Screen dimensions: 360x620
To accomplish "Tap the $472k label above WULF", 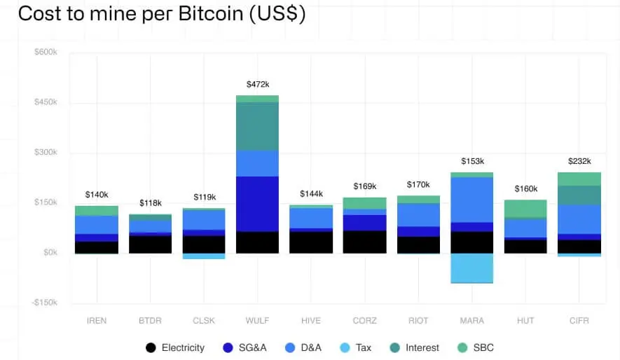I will tap(257, 84).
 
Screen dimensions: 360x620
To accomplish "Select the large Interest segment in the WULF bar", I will tap(257, 127).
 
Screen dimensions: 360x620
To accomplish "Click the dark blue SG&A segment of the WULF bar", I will tap(257, 204).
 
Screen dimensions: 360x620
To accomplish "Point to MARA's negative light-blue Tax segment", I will tap(471, 268).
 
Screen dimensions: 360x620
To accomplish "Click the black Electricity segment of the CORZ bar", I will tap(364, 242).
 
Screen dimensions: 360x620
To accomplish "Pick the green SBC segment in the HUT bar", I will tap(525, 209).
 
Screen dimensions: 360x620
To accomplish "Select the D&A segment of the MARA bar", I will tap(471, 200).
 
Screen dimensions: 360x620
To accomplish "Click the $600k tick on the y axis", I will tap(46, 53).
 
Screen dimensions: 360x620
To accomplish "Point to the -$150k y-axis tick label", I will tap(45, 303).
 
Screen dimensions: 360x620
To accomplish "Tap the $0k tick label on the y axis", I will tap(49, 253).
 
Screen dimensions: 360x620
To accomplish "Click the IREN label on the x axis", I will tap(97, 321).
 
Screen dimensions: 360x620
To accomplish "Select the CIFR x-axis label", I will tap(579, 321).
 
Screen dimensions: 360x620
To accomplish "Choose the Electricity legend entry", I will tap(175, 347).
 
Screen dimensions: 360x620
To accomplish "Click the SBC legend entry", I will tap(476, 347).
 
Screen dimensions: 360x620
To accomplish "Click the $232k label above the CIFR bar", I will tap(579, 160).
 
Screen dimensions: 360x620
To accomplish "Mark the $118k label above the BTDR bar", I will tap(150, 202).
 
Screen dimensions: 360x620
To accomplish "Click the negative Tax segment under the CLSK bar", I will tap(204, 256).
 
